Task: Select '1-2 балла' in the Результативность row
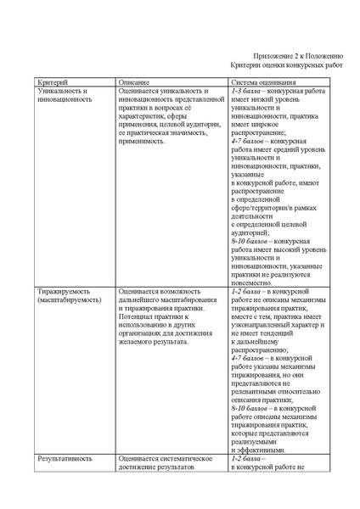246,458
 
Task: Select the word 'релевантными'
256,391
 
